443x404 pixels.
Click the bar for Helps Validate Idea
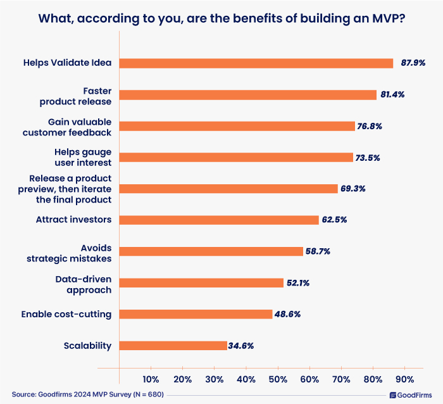pyautogui.click(x=256, y=63)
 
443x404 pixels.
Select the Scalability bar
pyautogui.click(x=173, y=346)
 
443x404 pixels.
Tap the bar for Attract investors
pyautogui.click(x=219, y=220)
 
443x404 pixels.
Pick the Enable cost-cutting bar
pyautogui.click(x=196, y=314)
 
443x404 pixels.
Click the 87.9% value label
pyautogui.click(x=413, y=63)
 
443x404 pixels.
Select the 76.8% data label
pyautogui.click(x=370, y=126)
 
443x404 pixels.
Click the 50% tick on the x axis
pyautogui.click(x=278, y=379)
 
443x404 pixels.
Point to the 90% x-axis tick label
pyautogui.click(x=404, y=379)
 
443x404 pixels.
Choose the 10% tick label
pyautogui.click(x=151, y=379)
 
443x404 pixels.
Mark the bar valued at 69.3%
pyautogui.click(x=228, y=189)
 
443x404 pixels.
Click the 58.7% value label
pyautogui.click(x=317, y=251)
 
